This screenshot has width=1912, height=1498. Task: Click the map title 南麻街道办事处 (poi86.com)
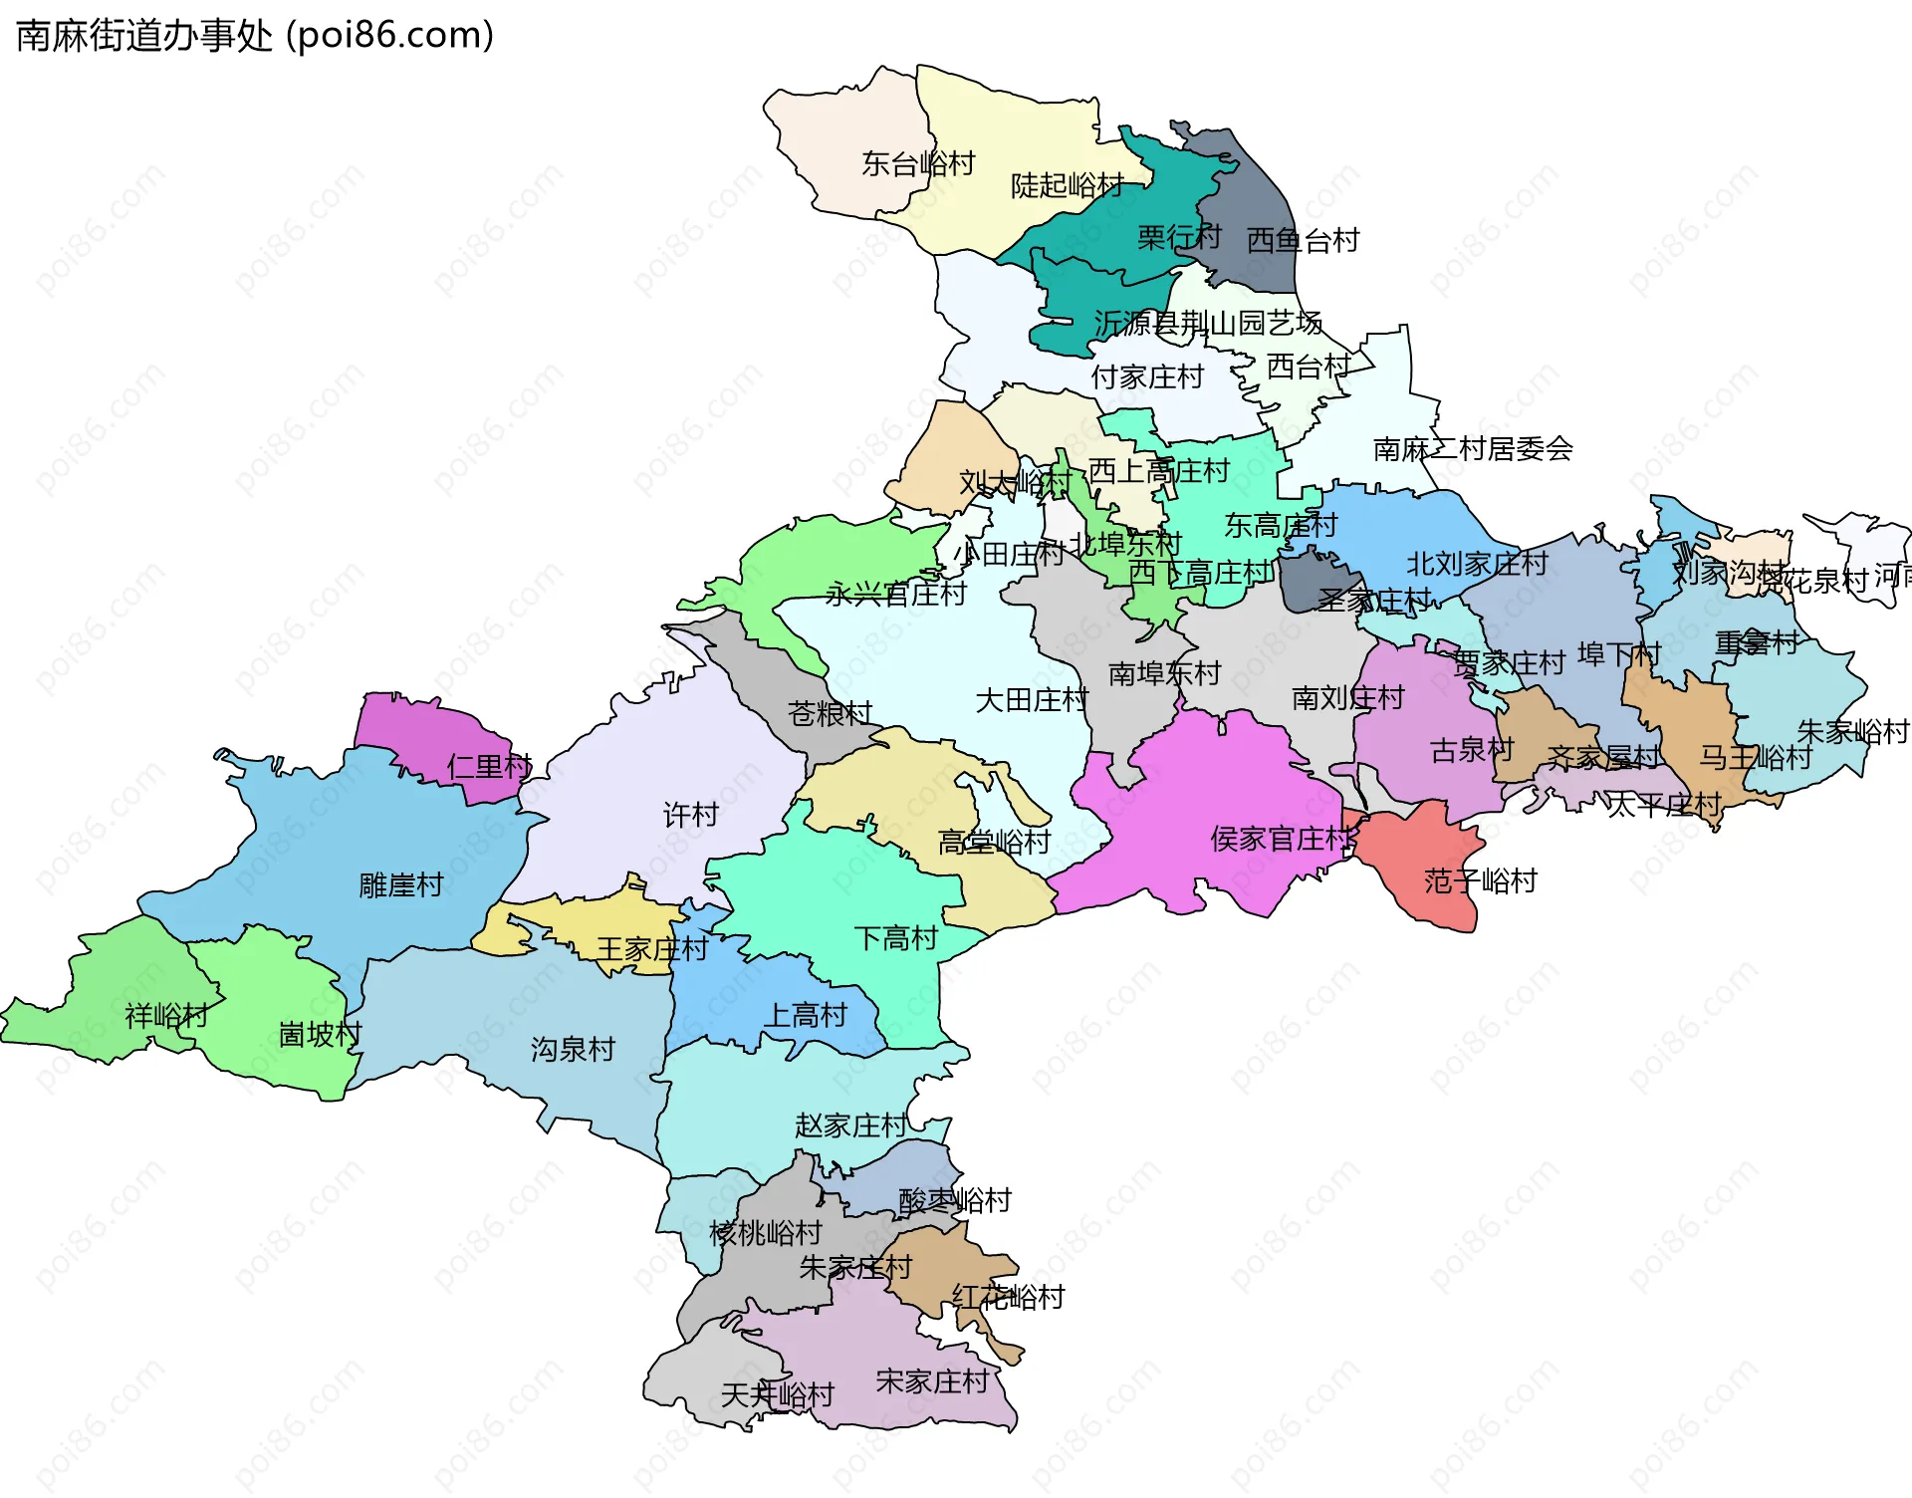(255, 36)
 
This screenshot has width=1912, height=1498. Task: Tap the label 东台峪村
(917, 163)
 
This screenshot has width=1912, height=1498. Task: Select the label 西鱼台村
(1303, 240)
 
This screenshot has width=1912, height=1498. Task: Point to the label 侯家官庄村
(1283, 840)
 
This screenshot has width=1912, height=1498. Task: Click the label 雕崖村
(400, 884)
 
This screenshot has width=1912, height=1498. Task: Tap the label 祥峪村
(165, 1016)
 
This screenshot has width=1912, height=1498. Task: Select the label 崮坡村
(319, 1034)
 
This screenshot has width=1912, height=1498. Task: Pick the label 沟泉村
(573, 1049)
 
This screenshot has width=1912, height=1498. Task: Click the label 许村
(690, 815)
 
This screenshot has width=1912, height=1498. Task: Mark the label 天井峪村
(777, 1395)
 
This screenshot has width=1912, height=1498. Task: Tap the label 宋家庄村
(932, 1381)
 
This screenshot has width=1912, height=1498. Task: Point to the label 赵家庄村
(850, 1125)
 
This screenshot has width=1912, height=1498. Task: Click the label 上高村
(805, 1015)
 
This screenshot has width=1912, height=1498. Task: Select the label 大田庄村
(1032, 700)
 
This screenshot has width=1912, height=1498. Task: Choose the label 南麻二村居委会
(1472, 449)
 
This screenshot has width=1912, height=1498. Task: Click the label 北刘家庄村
(1476, 564)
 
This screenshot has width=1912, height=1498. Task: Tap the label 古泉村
(1471, 750)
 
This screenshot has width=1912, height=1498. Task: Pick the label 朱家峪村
(1852, 732)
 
